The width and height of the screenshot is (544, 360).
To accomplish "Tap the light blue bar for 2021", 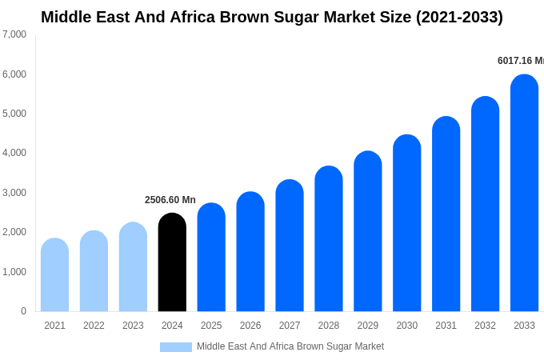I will tap(54, 275).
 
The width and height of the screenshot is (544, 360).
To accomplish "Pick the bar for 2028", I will tap(329, 239).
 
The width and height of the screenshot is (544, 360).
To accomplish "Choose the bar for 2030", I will tap(406, 223).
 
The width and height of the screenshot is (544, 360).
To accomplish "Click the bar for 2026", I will tap(250, 252).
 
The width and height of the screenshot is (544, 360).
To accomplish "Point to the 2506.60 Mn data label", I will tap(170, 200).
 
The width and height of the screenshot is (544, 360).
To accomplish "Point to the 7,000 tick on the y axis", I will tap(14, 34).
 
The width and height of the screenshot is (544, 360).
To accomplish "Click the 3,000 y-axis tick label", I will tap(14, 193).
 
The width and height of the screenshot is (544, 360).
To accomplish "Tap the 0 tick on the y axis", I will tap(23, 311).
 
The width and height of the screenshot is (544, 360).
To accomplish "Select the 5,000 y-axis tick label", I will tap(14, 114).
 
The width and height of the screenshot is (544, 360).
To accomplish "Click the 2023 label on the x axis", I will tap(133, 326).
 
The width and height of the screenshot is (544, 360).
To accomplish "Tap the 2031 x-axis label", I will tap(446, 326).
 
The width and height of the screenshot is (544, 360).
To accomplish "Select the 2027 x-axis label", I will tap(290, 326).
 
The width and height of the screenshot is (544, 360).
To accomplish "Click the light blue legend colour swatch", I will tap(176, 347).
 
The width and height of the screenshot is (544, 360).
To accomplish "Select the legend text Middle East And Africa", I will tap(249, 346).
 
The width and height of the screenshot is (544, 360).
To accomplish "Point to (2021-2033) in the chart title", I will tap(459, 17).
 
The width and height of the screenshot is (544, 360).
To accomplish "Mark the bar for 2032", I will tap(485, 204).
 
